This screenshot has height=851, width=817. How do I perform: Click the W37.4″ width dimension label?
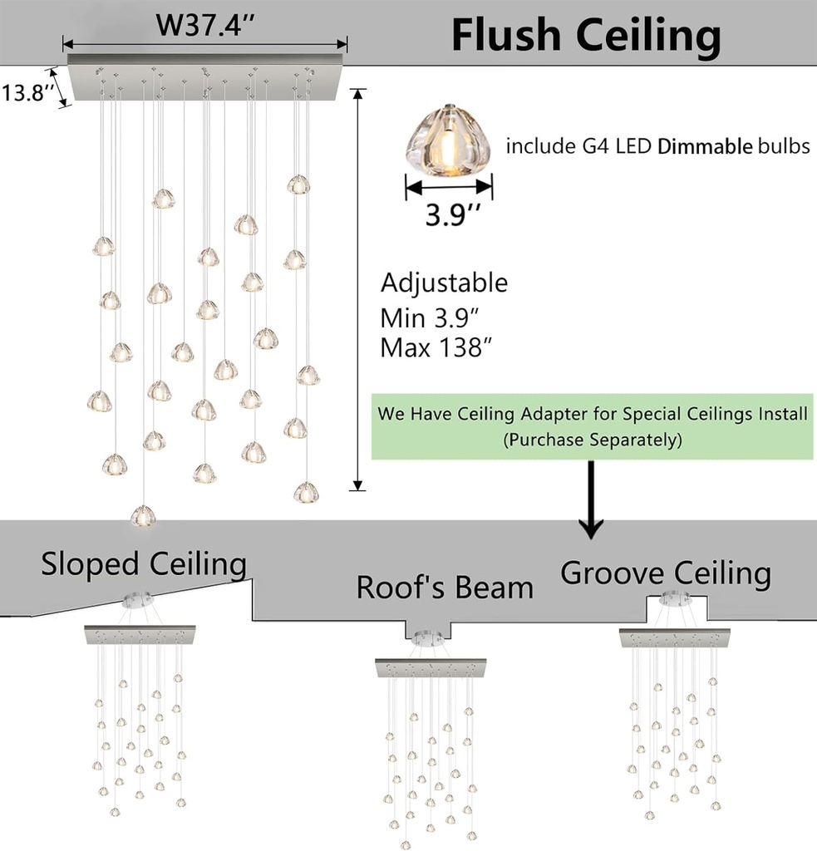pyautogui.click(x=204, y=26)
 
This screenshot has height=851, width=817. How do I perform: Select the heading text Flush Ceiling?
pyautogui.click(x=585, y=35)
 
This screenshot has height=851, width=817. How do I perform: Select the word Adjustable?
pyautogui.click(x=444, y=283)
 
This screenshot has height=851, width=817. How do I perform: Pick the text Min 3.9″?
pyautogui.click(x=428, y=317)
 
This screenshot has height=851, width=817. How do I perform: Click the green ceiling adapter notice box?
pyautogui.click(x=593, y=425)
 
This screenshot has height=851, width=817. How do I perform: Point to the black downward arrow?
pyautogui.click(x=591, y=498)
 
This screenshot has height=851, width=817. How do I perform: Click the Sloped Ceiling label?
pyautogui.click(x=144, y=564)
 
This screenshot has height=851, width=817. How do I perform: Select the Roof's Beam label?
pyautogui.click(x=445, y=588)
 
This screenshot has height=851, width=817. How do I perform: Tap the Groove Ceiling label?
pyautogui.click(x=666, y=573)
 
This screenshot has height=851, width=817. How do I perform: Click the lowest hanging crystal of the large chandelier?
pyautogui.click(x=143, y=516)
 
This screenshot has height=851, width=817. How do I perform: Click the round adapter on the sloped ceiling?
pyautogui.click(x=137, y=598)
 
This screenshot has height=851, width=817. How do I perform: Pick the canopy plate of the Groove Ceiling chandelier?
pyautogui.click(x=675, y=638)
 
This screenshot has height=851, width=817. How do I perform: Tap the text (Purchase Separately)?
pyautogui.click(x=593, y=440)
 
